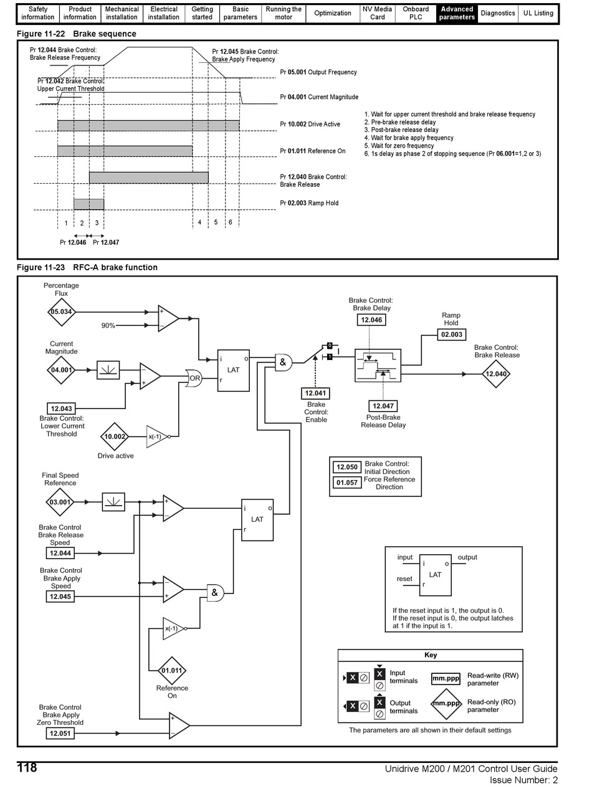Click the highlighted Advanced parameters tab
pos(457,13)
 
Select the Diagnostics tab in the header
pos(498,13)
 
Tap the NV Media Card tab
pos(377,13)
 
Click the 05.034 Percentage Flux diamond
pos(61,312)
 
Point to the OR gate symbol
pos(194,378)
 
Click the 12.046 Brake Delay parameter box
pos(371,319)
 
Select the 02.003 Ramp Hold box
pos(452,334)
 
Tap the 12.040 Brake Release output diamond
pos(496,374)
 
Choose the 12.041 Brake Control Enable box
pos(315,393)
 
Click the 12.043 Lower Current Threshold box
pos(61,409)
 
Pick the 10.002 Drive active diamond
pos(115,437)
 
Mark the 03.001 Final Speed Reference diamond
pos(60,502)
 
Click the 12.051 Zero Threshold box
pos(60,733)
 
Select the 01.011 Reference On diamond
pos(171,671)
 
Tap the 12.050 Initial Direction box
pos(347,467)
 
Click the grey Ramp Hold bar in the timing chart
pos(89,204)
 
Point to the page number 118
pos(27,767)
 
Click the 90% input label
pos(108,326)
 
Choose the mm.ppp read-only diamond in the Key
pos(446,703)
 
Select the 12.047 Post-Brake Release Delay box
pos(383,406)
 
